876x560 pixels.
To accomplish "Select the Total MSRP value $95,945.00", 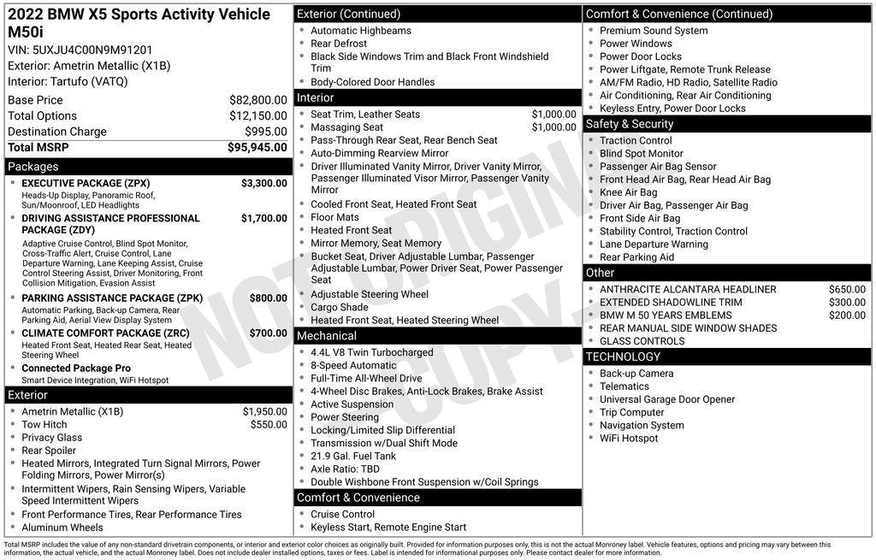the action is (257, 147).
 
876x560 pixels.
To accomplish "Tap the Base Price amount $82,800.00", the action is (257, 100).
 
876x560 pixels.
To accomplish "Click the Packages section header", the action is (33, 167).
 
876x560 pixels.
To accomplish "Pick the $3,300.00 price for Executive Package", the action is (263, 183).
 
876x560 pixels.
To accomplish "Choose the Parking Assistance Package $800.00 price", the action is (268, 298).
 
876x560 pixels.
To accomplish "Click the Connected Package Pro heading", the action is (76, 368).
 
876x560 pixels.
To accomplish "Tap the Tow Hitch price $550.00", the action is (269, 425).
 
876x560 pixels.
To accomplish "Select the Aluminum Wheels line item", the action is (62, 528).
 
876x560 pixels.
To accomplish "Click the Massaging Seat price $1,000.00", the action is (553, 127).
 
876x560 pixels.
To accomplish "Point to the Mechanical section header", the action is (328, 335).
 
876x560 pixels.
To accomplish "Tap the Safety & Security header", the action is (629, 124).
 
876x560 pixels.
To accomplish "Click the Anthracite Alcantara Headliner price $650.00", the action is (847, 289).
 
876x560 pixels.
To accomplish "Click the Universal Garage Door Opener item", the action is (667, 399).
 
